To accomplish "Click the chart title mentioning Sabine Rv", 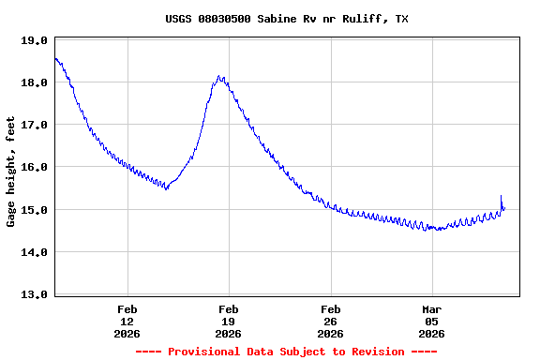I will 286,19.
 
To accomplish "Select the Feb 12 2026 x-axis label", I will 127,321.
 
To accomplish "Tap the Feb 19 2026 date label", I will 229,321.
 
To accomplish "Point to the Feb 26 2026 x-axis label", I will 330,321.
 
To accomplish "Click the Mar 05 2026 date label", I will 431,321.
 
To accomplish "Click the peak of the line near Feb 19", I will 219,77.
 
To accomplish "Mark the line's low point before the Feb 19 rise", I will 166,188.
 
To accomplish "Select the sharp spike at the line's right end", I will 502,196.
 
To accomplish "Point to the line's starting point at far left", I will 55,58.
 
